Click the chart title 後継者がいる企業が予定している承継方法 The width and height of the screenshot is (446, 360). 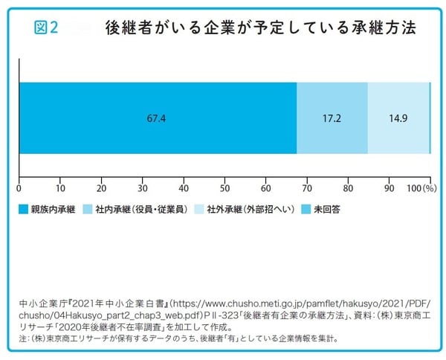pos(260,28)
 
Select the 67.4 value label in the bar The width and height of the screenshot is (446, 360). pos(157,118)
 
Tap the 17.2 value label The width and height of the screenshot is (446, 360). pos(332,118)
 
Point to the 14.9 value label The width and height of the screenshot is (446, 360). pos(398,118)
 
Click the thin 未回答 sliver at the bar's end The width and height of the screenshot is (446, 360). pos(430,118)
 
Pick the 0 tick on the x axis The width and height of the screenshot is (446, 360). pos(19,187)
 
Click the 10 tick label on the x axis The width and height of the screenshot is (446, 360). pos(60,187)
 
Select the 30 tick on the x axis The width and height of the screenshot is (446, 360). pos(143,187)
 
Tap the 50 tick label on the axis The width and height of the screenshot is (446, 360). pos(224,187)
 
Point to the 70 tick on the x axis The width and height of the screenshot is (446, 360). pos(307,187)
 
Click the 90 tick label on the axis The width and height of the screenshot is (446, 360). pos(389,187)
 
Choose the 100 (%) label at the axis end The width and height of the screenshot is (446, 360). pos(421,187)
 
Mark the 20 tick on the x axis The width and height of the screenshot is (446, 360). pos(101,187)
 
